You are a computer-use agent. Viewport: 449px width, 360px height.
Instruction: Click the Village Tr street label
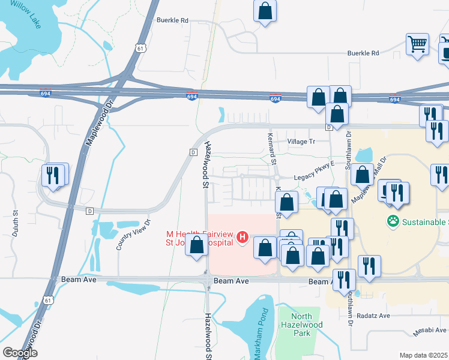[301, 142]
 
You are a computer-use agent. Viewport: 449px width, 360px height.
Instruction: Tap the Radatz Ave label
[373, 316]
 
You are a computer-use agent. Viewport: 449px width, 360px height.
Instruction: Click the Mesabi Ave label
[430, 330]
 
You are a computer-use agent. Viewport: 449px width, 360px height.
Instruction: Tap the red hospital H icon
[243, 238]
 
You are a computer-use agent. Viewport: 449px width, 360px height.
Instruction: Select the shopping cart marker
[417, 44]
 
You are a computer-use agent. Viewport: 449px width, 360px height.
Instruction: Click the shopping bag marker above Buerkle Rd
[265, 11]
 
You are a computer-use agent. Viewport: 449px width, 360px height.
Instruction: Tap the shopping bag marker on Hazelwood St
[197, 245]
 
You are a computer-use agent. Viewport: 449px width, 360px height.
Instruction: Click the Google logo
[20, 353]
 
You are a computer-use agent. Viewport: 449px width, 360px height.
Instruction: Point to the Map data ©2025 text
[423, 355]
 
